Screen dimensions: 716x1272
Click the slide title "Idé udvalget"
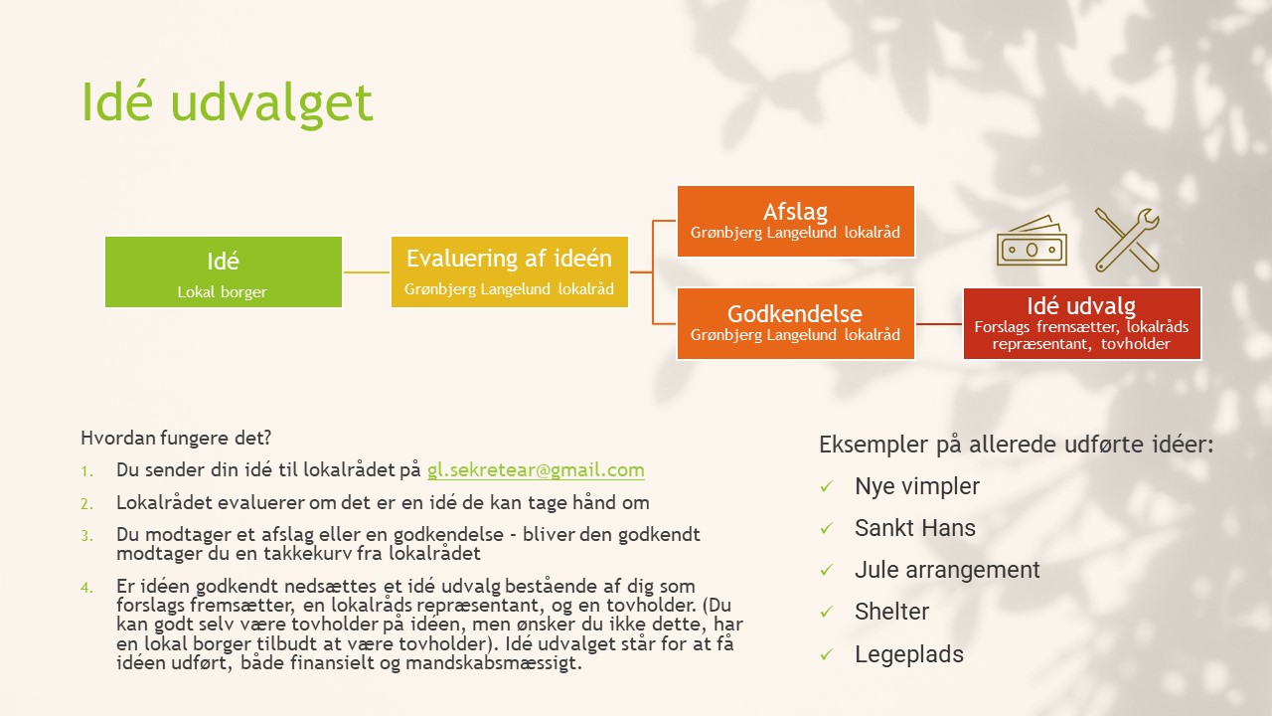pos(227,102)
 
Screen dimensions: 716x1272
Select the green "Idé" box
pos(224,271)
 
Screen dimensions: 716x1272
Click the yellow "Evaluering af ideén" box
pos(509,271)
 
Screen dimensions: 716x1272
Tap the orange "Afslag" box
pos(795,222)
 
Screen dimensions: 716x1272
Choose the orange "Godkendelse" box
pos(795,323)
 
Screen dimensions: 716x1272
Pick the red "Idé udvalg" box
pos(1081,323)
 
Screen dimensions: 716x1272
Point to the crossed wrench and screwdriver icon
pos(1127,240)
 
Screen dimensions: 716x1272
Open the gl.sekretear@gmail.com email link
pos(536,470)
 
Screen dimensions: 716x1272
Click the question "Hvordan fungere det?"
pos(176,438)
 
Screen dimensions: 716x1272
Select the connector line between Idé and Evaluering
pos(366,271)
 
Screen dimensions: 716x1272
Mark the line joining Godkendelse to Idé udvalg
pos(938,323)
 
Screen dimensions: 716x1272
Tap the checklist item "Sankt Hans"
pos(914,528)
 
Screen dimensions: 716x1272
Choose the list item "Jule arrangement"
pos(946,570)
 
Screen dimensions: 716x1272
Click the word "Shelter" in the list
pos(891,612)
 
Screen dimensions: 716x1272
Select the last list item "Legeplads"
pos(908,654)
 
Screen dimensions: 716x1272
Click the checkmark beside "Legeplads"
pos(826,654)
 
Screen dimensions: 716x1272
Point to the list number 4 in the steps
pos(86,588)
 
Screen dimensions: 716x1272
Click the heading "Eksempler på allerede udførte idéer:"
pos(1016,445)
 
